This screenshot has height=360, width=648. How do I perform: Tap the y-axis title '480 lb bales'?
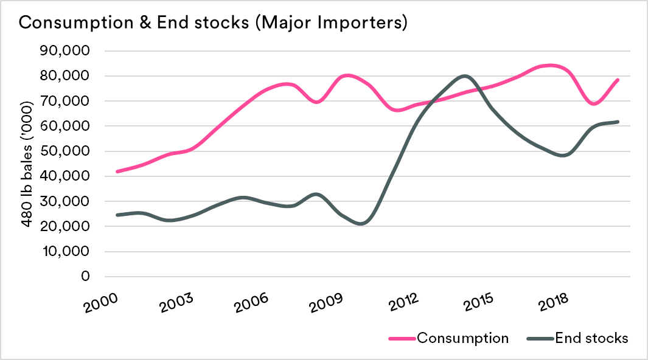point(28,164)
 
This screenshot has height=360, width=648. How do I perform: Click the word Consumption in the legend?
point(462,338)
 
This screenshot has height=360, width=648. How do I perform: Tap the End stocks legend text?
point(591,338)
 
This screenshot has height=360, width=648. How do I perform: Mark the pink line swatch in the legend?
point(402,339)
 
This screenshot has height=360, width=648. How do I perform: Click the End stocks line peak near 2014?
point(465,76)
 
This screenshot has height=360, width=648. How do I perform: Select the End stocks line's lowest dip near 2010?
point(363,224)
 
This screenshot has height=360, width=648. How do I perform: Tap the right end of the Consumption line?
point(618,80)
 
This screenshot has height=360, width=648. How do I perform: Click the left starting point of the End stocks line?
point(117,215)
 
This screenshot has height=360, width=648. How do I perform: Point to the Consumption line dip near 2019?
point(594,104)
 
